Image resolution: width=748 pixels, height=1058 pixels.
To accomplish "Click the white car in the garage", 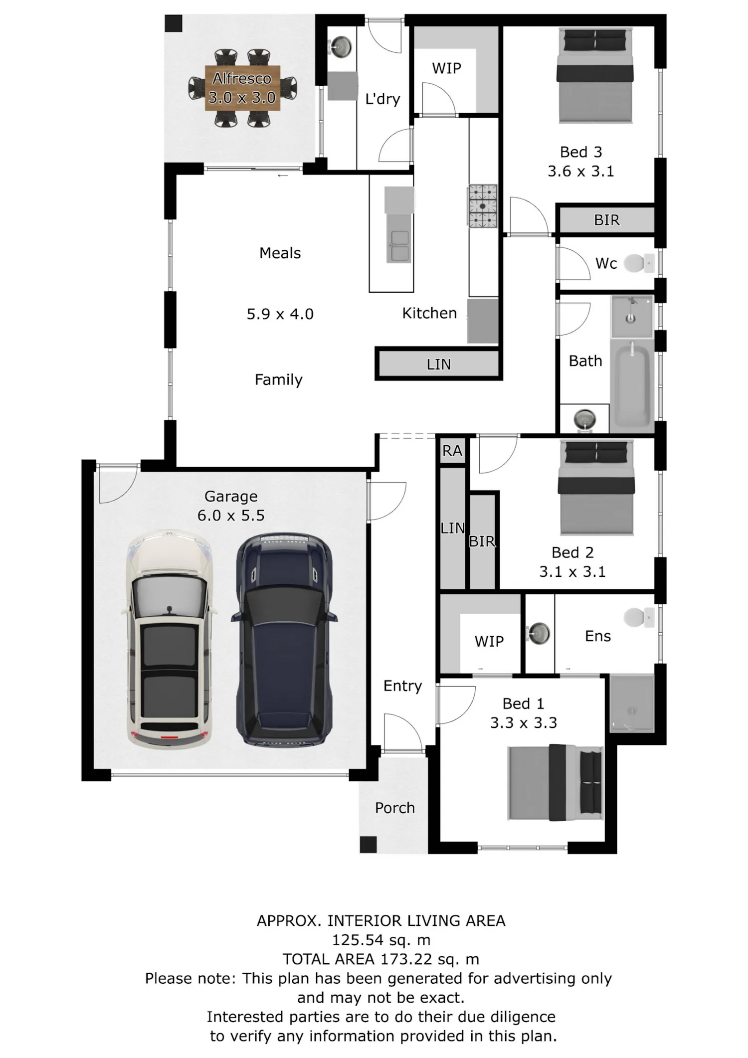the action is [170, 639].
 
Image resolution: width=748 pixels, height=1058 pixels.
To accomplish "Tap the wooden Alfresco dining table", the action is [242, 88].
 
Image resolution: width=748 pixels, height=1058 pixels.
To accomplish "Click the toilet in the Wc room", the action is [639, 263].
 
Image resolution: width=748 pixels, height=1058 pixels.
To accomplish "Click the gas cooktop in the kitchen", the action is [482, 206].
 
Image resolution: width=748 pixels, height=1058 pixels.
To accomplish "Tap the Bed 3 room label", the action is [581, 152].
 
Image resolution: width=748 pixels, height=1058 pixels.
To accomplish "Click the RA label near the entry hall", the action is [452, 451].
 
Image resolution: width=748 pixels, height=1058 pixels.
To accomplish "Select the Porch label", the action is [395, 807].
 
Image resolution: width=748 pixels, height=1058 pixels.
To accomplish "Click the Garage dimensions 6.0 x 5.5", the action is [231, 515].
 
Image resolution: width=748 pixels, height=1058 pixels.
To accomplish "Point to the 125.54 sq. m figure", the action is [381, 940].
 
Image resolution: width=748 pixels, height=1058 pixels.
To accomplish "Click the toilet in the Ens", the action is [639, 617].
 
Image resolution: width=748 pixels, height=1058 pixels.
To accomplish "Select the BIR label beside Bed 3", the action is [606, 220].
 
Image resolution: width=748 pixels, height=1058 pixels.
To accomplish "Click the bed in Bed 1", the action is [555, 782].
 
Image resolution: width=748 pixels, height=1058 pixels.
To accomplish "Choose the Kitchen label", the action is [429, 313].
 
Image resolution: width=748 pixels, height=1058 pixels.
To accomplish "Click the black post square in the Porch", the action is [368, 845].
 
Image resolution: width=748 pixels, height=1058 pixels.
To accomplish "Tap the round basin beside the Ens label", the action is [539, 634].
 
